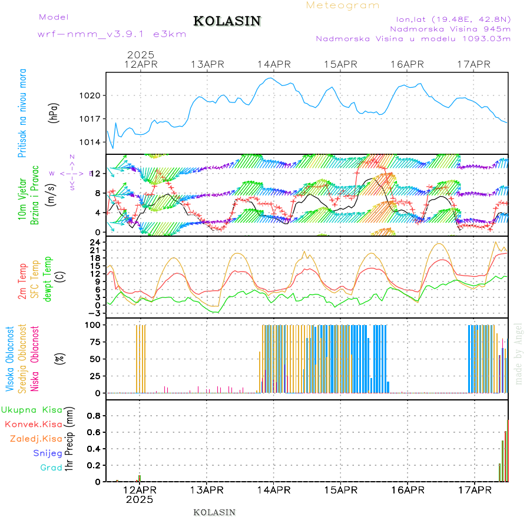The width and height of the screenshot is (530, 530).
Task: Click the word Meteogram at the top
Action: pos(343,5)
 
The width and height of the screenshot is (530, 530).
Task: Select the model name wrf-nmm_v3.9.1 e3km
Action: pos(112,34)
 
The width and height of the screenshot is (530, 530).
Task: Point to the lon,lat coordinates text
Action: pos(453,19)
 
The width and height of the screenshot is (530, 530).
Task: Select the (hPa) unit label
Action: pos(54,112)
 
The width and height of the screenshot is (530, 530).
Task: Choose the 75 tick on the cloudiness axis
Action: pos(94,342)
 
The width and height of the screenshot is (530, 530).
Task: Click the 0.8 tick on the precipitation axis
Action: pos(94,416)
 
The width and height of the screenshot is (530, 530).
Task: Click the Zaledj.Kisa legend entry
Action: pos(36,439)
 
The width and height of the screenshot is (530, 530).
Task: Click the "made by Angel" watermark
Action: pos(519,353)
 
